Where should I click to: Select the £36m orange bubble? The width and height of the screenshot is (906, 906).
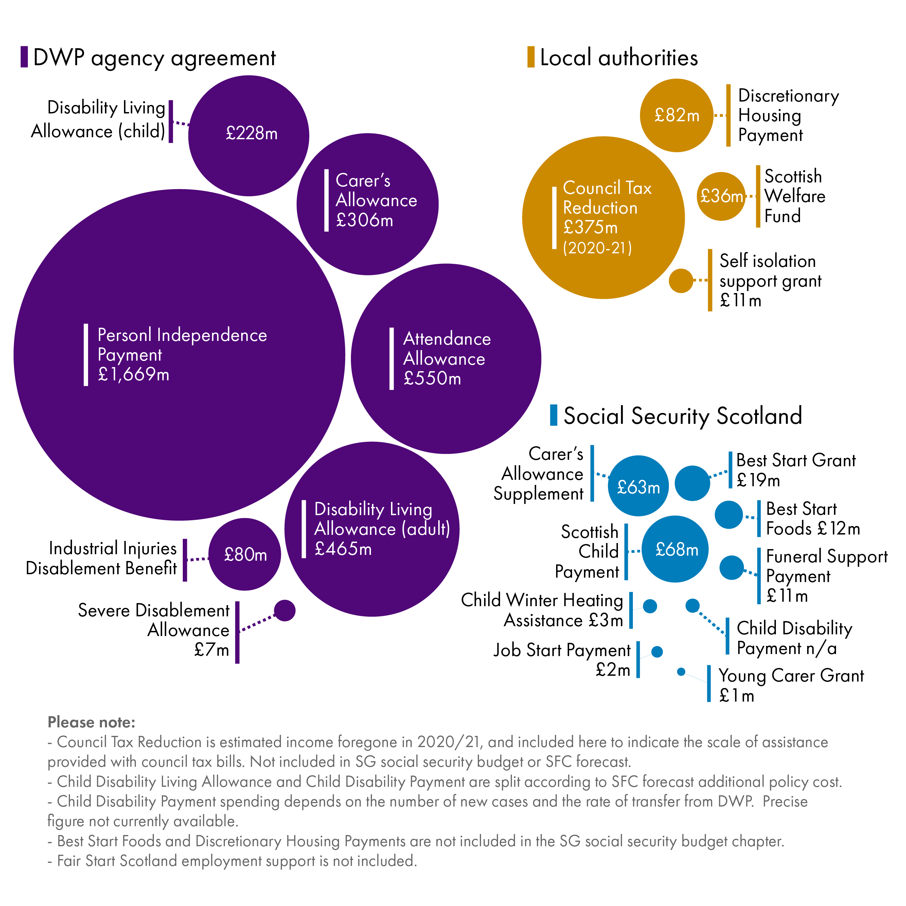[x=721, y=196]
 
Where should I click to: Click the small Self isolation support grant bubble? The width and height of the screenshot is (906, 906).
[x=680, y=280]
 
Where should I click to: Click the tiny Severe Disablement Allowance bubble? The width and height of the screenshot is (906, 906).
[x=284, y=610]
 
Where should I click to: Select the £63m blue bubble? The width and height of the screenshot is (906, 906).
[x=638, y=486]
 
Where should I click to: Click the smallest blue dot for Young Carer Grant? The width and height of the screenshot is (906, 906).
[x=681, y=672]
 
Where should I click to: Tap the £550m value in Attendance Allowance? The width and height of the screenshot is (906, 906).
[x=432, y=378]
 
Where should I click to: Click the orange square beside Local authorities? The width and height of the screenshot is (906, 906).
[x=531, y=57]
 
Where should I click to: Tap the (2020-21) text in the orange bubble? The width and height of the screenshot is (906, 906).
[x=597, y=248]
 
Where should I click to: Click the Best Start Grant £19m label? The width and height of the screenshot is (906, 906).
[x=795, y=470]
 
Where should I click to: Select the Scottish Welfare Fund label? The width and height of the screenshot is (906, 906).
[x=794, y=196]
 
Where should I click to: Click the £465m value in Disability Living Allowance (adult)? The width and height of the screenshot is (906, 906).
[x=343, y=549]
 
